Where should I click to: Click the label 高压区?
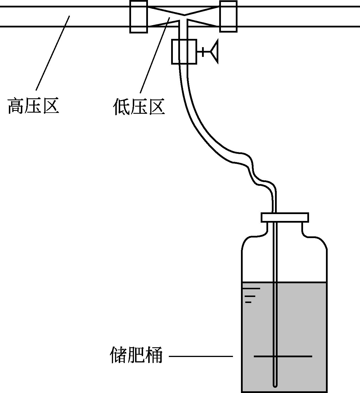(33, 106)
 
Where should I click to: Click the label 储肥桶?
(136, 355)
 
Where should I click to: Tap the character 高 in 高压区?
(16, 106)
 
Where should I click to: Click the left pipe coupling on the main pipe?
(139, 17)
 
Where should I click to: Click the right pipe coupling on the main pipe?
(228, 17)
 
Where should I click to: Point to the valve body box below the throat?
(184, 51)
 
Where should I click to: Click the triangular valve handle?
(215, 51)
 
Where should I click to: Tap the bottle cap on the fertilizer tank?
(285, 217)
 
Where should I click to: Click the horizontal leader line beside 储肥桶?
(201, 356)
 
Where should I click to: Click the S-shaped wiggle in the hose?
(252, 169)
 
